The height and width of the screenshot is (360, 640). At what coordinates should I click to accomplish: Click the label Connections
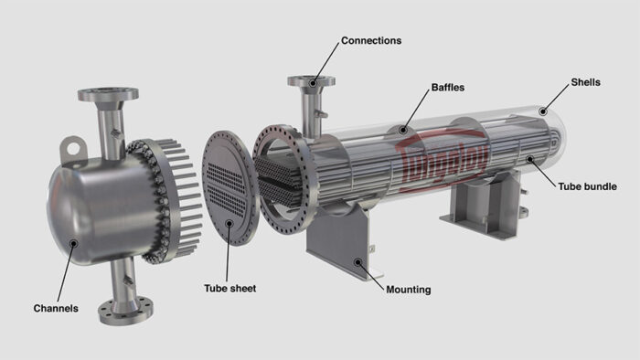[x=370, y=41]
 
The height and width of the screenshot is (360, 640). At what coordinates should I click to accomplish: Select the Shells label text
[x=585, y=82]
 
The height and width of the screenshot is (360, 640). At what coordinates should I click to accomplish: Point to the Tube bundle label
[x=587, y=186]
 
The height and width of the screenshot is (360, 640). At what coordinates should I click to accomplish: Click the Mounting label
[x=408, y=290]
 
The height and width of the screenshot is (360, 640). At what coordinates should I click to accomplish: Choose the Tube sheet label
[x=229, y=288]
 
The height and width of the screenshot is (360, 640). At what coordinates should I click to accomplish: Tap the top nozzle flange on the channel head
[x=107, y=93]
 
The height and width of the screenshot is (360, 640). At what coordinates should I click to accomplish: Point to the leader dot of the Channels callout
[x=72, y=243]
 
